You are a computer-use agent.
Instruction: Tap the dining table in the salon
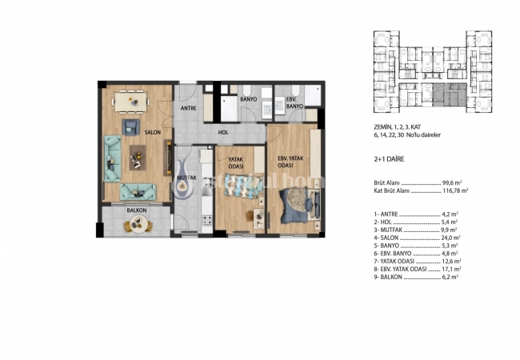131,101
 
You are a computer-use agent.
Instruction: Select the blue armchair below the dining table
130,127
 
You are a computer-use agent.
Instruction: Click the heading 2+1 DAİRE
393,159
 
